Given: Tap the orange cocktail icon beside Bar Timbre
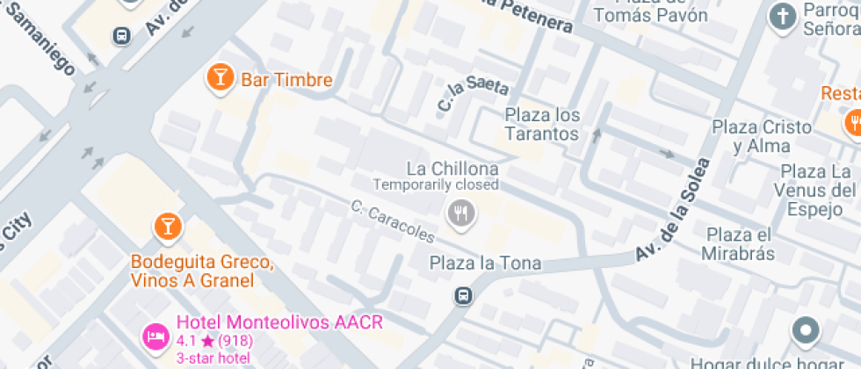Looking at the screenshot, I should [x=219, y=78].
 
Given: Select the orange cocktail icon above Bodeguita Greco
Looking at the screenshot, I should [x=165, y=227].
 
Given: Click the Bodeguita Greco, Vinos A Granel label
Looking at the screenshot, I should [x=192, y=271].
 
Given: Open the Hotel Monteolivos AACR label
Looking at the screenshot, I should [x=279, y=322].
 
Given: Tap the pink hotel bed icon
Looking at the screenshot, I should [x=156, y=335].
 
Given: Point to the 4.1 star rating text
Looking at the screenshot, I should [x=211, y=341].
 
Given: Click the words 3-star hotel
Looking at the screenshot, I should [x=213, y=357].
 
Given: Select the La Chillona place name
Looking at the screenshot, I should [x=452, y=168].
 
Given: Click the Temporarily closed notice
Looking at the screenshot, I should [x=436, y=184].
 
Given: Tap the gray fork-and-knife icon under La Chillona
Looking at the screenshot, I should [x=461, y=212].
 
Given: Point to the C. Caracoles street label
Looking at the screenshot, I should [x=392, y=221].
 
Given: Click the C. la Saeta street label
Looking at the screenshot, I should [x=472, y=96].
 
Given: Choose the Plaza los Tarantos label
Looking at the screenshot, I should [x=542, y=125].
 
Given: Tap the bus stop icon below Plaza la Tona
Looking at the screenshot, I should [x=463, y=295].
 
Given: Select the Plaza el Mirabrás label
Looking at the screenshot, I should [x=738, y=244].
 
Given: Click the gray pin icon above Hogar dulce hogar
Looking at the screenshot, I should [x=805, y=332].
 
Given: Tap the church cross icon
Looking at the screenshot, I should [x=781, y=15].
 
